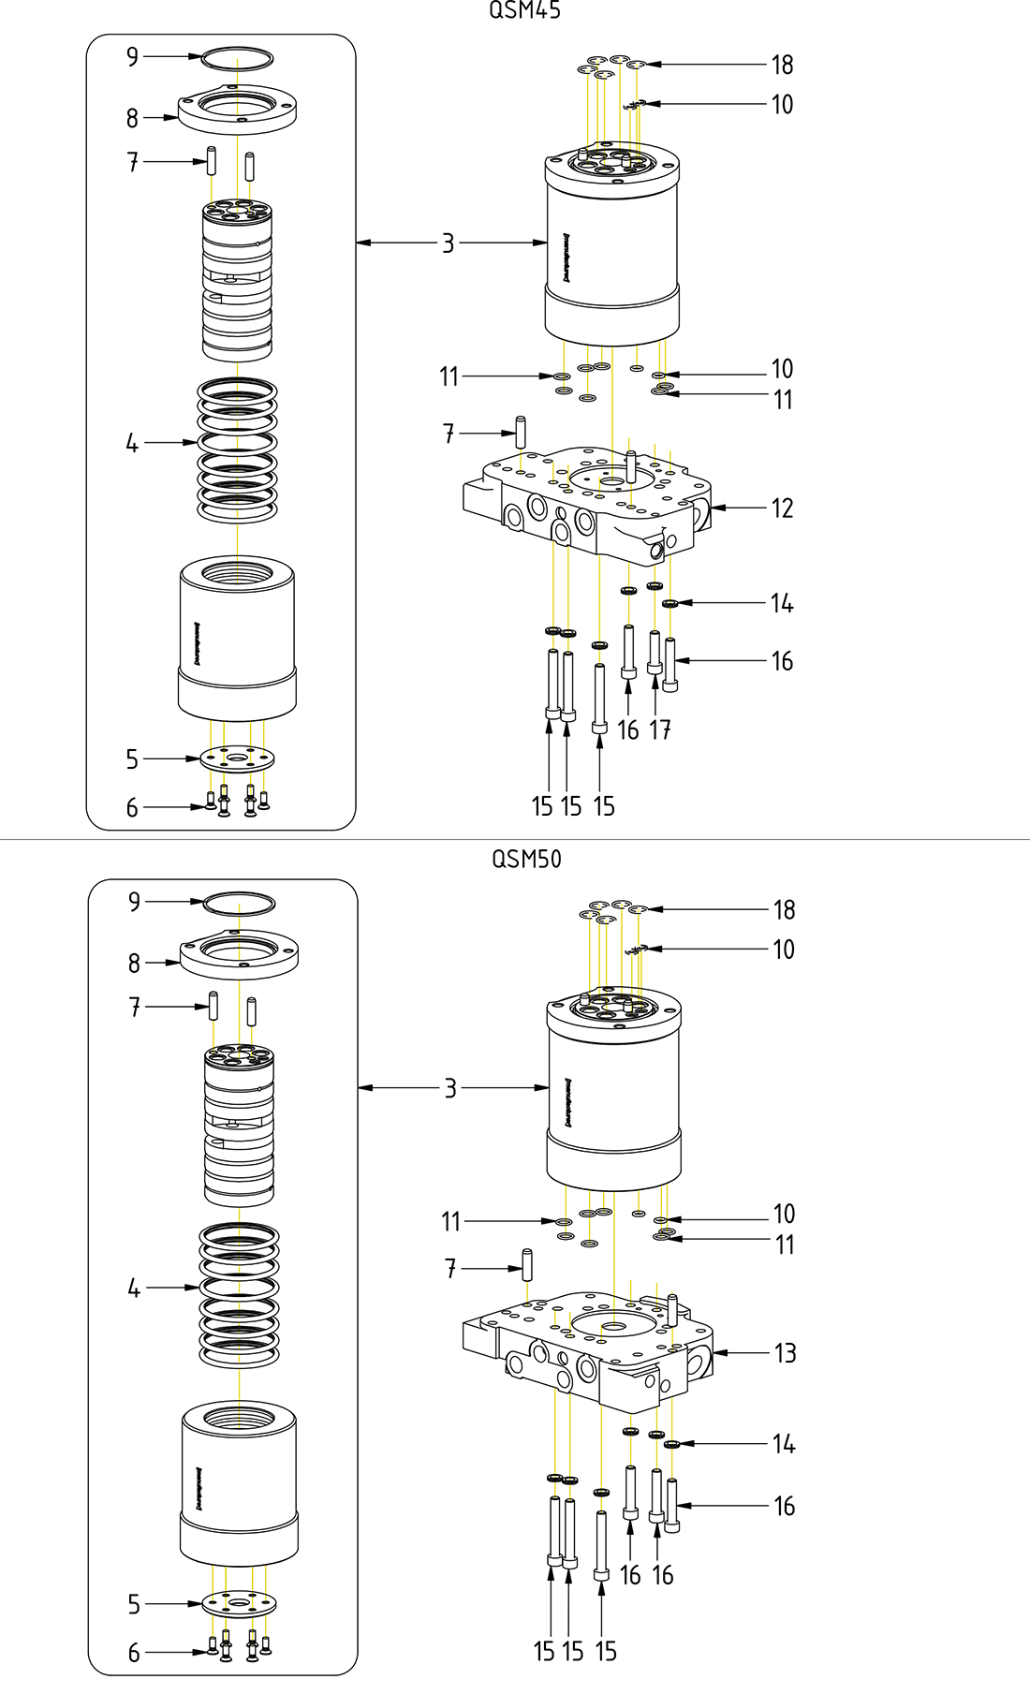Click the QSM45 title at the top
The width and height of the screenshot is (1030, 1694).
(x=525, y=10)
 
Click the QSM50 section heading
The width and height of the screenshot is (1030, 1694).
(x=526, y=858)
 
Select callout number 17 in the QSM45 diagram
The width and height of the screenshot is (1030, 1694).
(x=660, y=729)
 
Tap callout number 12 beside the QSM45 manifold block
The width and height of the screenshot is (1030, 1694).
(x=782, y=508)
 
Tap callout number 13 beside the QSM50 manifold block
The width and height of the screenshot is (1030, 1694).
(x=785, y=1353)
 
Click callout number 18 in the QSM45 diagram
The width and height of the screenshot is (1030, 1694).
(x=782, y=65)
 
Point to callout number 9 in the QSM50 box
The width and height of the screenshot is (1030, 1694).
(x=135, y=902)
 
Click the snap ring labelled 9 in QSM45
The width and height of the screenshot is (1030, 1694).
(x=238, y=57)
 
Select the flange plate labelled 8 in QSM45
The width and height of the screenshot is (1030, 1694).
(x=238, y=110)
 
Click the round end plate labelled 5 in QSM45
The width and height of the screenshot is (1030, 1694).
(x=237, y=759)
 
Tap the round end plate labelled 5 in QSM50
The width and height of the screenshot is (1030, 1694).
(x=239, y=1604)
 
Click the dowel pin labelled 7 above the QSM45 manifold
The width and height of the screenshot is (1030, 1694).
(x=522, y=431)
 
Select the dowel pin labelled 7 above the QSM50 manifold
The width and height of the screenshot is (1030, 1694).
(x=527, y=1266)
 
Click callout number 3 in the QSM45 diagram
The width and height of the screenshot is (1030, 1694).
(x=449, y=243)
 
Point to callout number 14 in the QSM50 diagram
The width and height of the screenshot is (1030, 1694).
(x=784, y=1444)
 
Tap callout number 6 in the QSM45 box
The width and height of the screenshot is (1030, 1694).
(x=132, y=807)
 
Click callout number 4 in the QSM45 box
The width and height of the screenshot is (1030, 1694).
(x=132, y=443)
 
